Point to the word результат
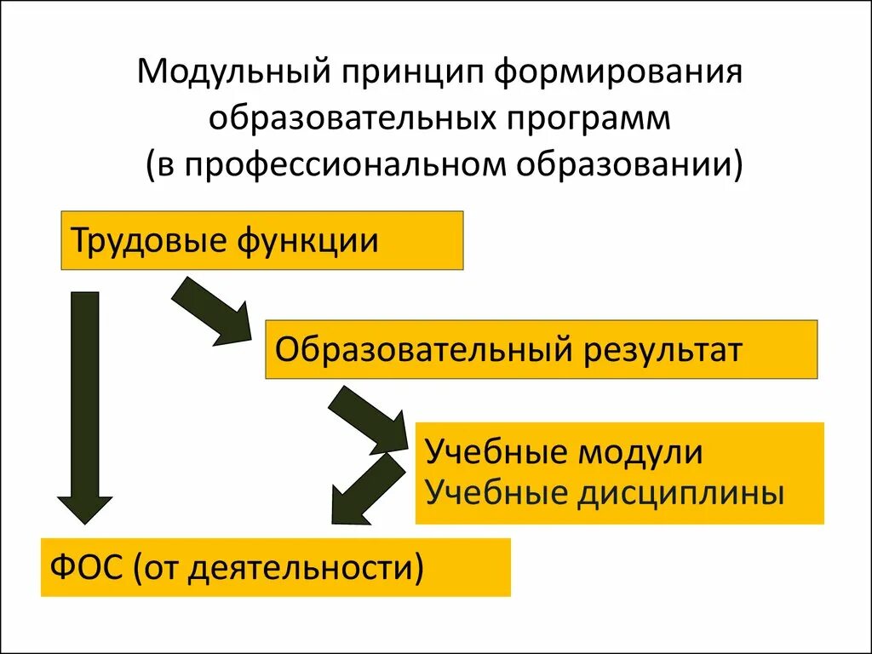pyautogui.click(x=663, y=350)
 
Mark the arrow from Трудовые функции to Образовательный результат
pyautogui.click(x=213, y=312)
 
